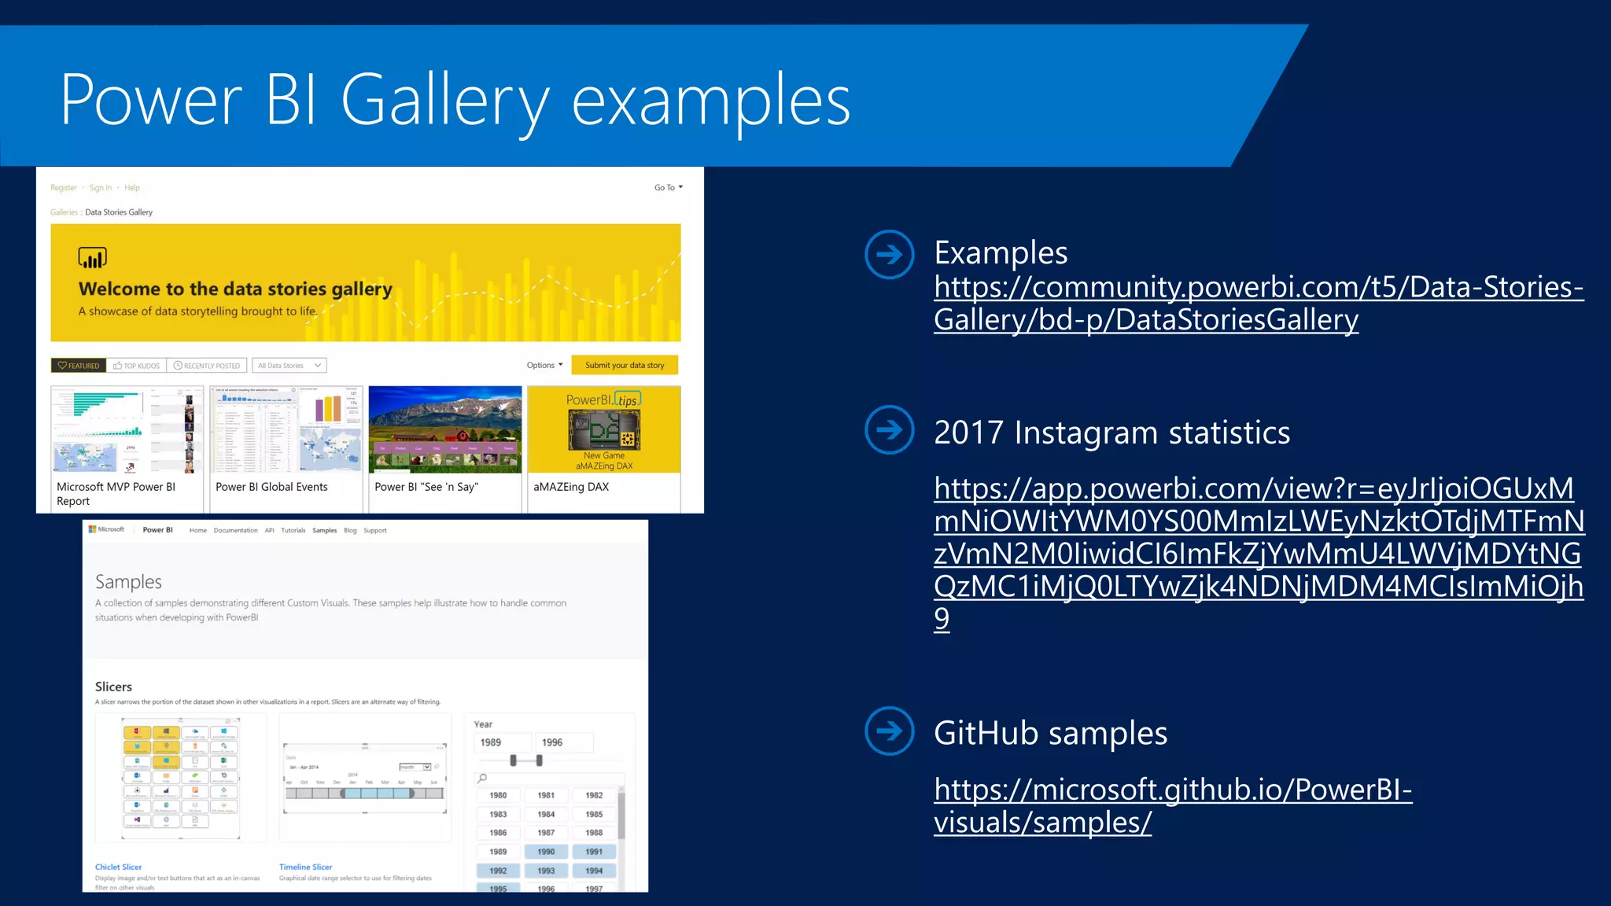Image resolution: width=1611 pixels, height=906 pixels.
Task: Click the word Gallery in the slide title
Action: [x=444, y=101]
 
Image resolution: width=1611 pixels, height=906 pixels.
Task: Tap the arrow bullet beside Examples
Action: [x=889, y=254]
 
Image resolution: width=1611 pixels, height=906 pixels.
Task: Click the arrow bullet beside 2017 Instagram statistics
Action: [x=889, y=429]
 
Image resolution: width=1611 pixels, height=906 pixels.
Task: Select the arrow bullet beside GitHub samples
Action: [x=889, y=731]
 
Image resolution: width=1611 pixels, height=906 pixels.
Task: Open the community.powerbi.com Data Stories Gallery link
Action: [x=1258, y=303]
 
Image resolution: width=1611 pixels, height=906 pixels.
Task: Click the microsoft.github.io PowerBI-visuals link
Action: [x=1172, y=805]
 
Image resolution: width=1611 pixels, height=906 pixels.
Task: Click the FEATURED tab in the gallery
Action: [x=79, y=366]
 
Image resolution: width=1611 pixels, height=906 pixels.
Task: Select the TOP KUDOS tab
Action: [x=137, y=366]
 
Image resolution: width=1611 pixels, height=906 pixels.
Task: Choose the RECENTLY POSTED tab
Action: [x=207, y=366]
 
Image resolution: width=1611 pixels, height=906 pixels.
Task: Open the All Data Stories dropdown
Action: [x=289, y=366]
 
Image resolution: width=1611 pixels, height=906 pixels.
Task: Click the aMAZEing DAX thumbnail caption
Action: [x=571, y=487]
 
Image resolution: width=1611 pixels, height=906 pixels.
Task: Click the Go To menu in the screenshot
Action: [x=668, y=188]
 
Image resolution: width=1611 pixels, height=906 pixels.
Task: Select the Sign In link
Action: [x=100, y=188]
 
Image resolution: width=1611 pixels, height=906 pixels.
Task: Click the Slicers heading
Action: [x=113, y=687]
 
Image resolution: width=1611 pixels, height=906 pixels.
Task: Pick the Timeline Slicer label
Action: [x=305, y=867]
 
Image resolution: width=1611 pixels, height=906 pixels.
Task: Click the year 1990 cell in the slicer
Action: [x=546, y=852]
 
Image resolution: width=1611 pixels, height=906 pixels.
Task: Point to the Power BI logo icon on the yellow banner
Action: [x=92, y=258]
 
